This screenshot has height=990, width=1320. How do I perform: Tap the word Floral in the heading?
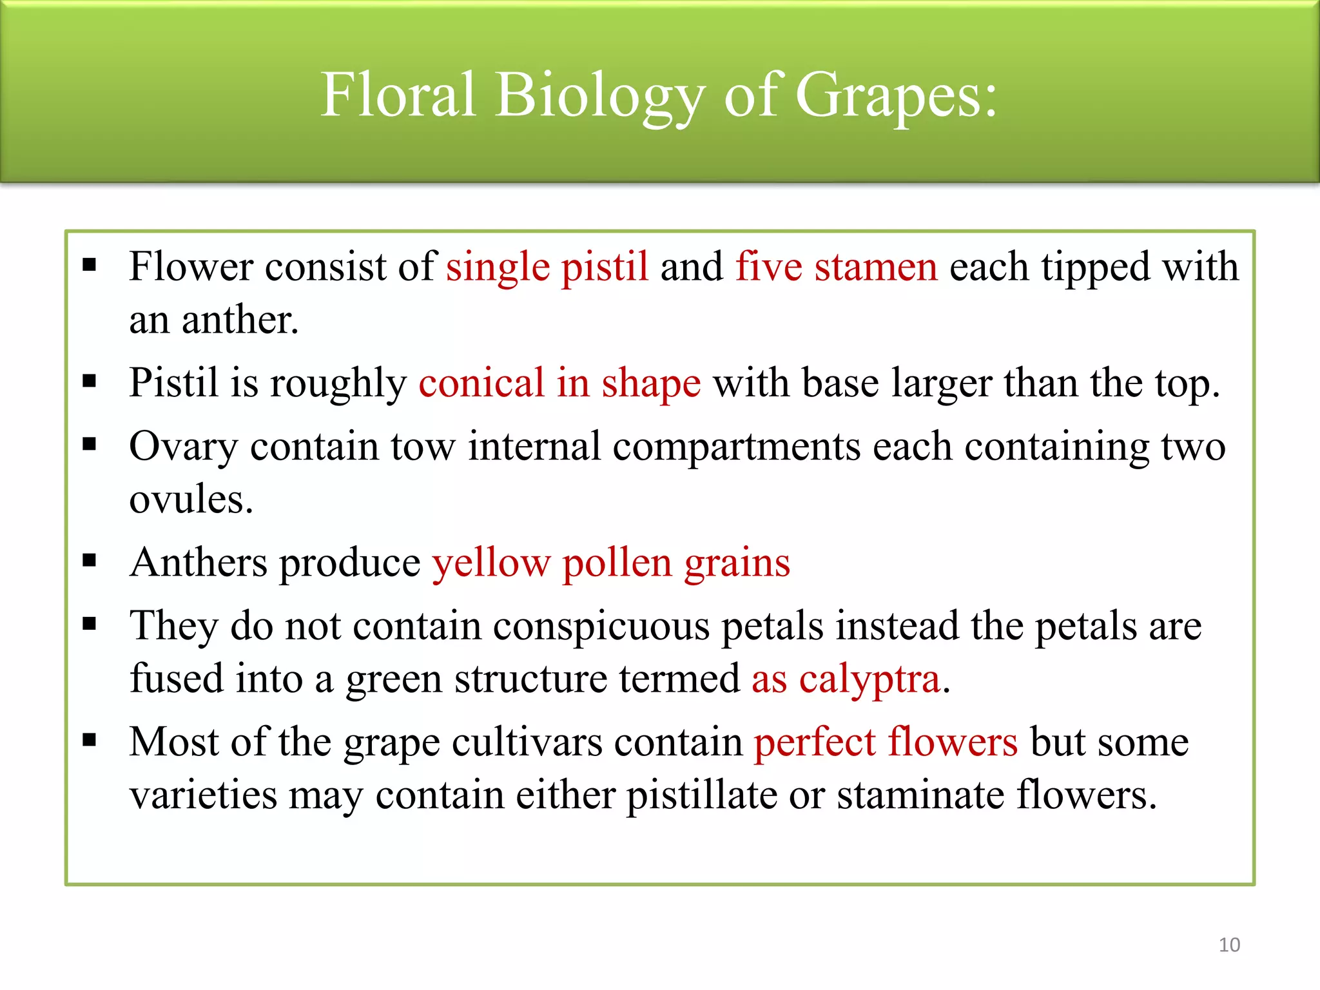(x=398, y=95)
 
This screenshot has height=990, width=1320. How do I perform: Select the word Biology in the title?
(x=599, y=95)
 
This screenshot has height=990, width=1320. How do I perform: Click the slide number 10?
(x=1229, y=945)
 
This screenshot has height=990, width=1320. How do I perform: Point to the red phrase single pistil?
(x=547, y=267)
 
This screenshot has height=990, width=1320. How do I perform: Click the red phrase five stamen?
(x=836, y=267)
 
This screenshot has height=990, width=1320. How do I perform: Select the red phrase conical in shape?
(x=559, y=383)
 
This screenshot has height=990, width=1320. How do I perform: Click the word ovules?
(x=190, y=499)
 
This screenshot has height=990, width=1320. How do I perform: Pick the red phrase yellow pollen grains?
(x=611, y=562)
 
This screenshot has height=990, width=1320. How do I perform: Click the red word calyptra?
(x=869, y=679)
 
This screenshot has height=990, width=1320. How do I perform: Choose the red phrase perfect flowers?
(x=886, y=742)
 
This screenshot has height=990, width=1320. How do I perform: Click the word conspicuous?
(x=601, y=626)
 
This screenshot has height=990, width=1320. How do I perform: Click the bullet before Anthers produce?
(x=90, y=560)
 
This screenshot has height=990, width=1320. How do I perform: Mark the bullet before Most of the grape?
(x=90, y=740)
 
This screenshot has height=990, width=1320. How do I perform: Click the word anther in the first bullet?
(x=239, y=320)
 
